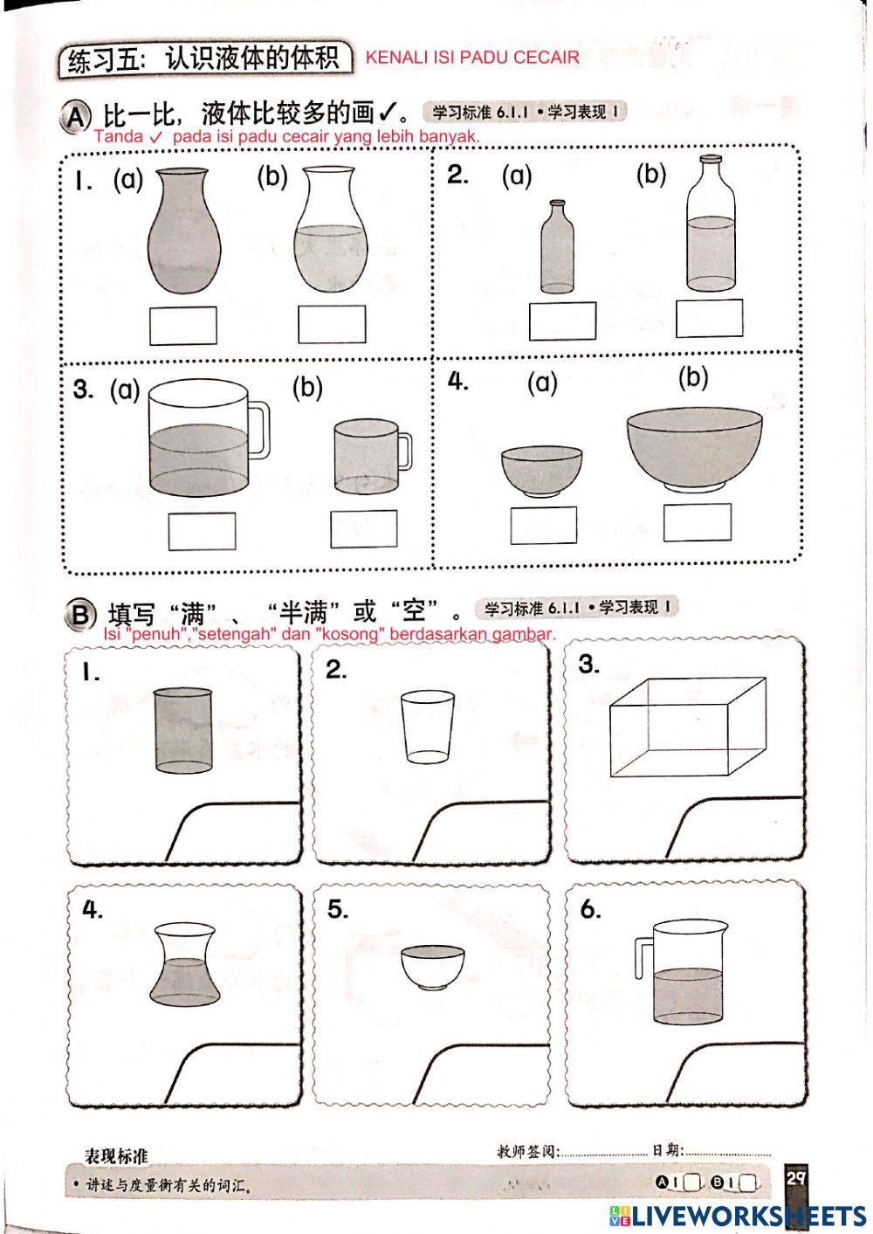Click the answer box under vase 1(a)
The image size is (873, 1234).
point(182,326)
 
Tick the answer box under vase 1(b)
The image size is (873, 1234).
point(331,324)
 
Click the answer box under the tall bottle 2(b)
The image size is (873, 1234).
point(709,318)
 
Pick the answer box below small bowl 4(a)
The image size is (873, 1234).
point(543,525)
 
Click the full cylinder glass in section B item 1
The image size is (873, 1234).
point(183,730)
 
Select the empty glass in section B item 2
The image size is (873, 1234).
point(427,727)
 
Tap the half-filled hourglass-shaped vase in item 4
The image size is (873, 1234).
point(182,963)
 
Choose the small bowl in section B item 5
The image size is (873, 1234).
point(432,967)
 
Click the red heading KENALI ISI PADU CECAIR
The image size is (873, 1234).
point(472,58)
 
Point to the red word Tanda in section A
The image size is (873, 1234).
point(118,137)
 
